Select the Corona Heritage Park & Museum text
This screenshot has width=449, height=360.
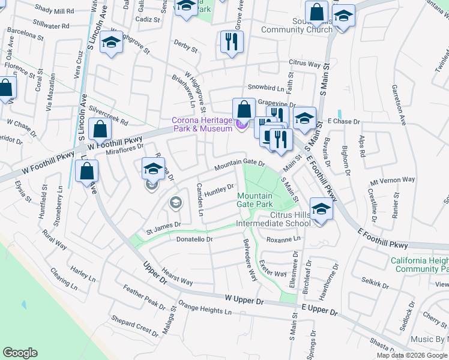pos(202,124)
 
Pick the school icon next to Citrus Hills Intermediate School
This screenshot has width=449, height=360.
pos(322,210)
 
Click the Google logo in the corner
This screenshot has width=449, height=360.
pos(20,353)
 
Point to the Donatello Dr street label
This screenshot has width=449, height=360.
pos(195,239)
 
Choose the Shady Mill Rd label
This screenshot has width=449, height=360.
pos(54,10)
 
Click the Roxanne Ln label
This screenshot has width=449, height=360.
pos(283,238)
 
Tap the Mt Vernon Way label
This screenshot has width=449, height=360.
pos(393,179)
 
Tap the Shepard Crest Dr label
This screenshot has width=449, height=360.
pos(131,322)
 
